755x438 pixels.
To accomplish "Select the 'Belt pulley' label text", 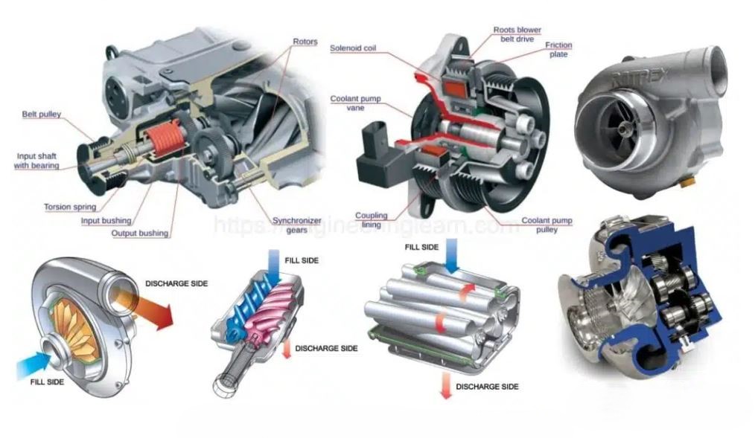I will (42, 115).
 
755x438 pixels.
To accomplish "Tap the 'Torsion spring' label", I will (70, 207).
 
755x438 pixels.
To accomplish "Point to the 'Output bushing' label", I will (139, 233).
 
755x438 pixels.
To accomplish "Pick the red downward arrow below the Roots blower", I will (445, 386).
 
